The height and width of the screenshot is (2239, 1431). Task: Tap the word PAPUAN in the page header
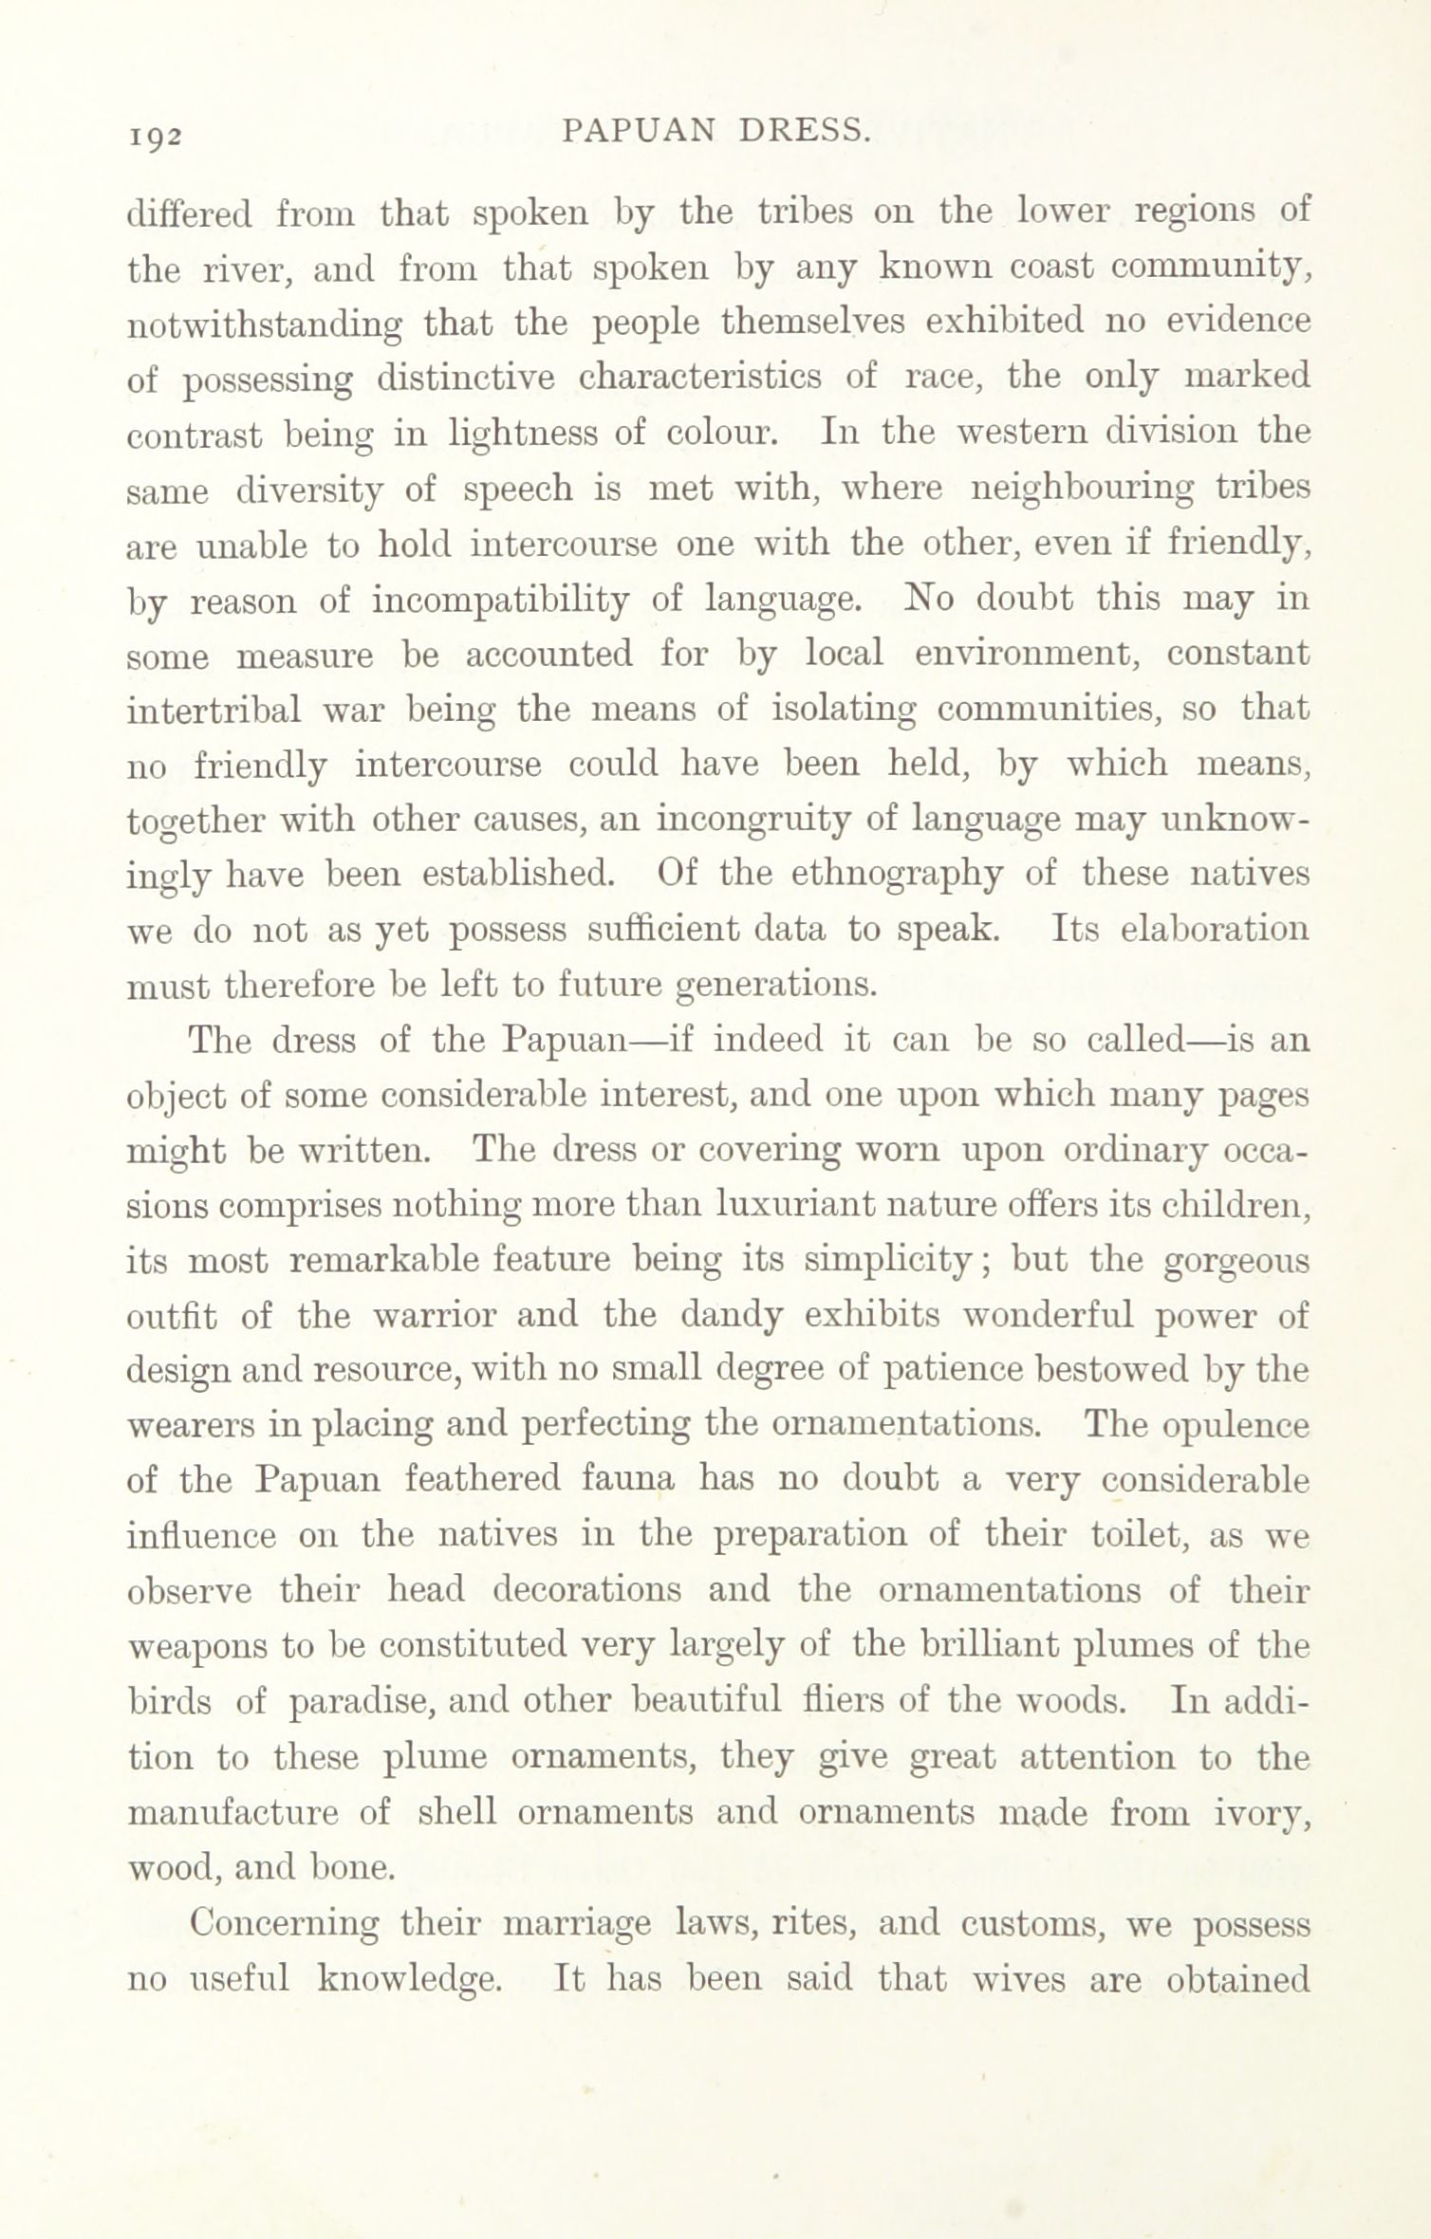click(x=637, y=131)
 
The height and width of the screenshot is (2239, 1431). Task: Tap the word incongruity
click(x=753, y=820)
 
